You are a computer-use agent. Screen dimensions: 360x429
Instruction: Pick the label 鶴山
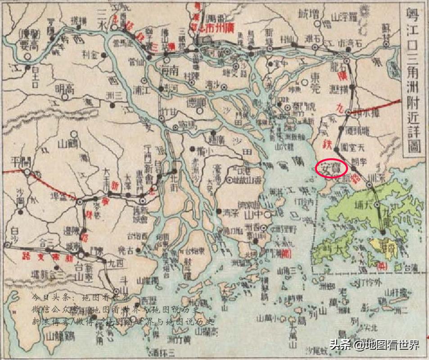coord(69,144)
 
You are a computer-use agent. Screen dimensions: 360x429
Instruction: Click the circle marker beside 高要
coord(28,57)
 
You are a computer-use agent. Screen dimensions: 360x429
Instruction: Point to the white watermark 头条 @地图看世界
coord(375,345)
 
